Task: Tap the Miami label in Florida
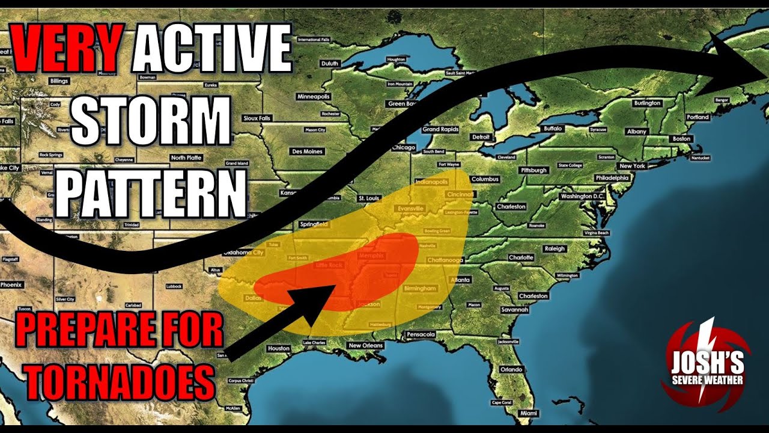click(529, 414)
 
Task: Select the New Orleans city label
click(365, 346)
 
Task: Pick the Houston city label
click(279, 348)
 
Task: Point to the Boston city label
click(682, 139)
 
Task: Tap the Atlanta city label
click(460, 280)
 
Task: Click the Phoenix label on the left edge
click(10, 284)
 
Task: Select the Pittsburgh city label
click(533, 170)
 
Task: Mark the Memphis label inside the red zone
click(370, 256)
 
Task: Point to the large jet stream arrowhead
click(736, 60)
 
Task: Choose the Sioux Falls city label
click(257, 118)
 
